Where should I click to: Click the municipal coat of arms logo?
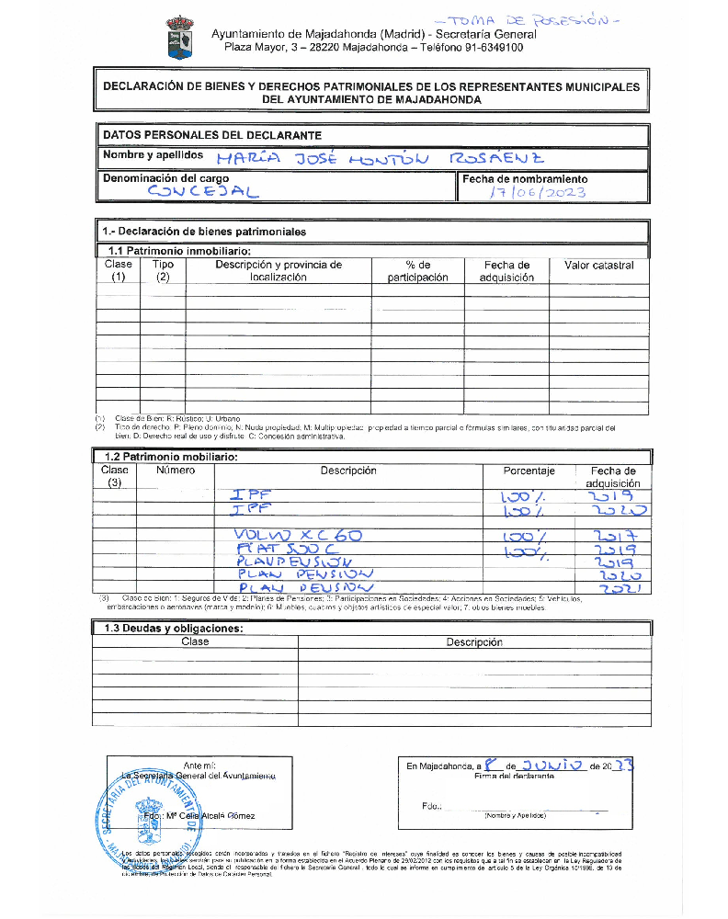[177, 37]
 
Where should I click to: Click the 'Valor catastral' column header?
[598, 266]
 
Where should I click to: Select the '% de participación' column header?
[417, 271]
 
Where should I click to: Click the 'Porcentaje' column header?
[529, 471]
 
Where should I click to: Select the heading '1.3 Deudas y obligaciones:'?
[173, 629]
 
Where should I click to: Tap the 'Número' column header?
[176, 471]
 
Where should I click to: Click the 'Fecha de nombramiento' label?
[525, 179]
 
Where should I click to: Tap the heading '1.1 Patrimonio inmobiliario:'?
[179, 250]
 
